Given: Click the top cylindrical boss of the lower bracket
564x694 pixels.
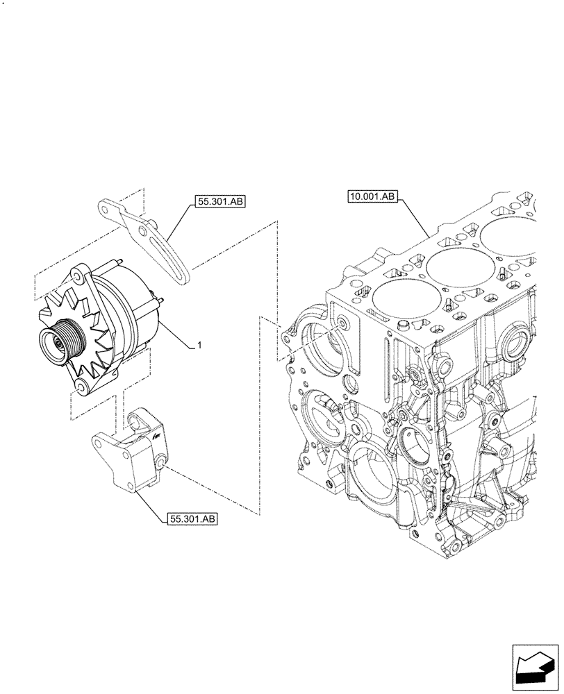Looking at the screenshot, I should tap(136, 420).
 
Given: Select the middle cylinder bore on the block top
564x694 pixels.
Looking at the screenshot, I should tap(454, 266).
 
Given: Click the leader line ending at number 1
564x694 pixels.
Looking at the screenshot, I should tap(177, 335).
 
